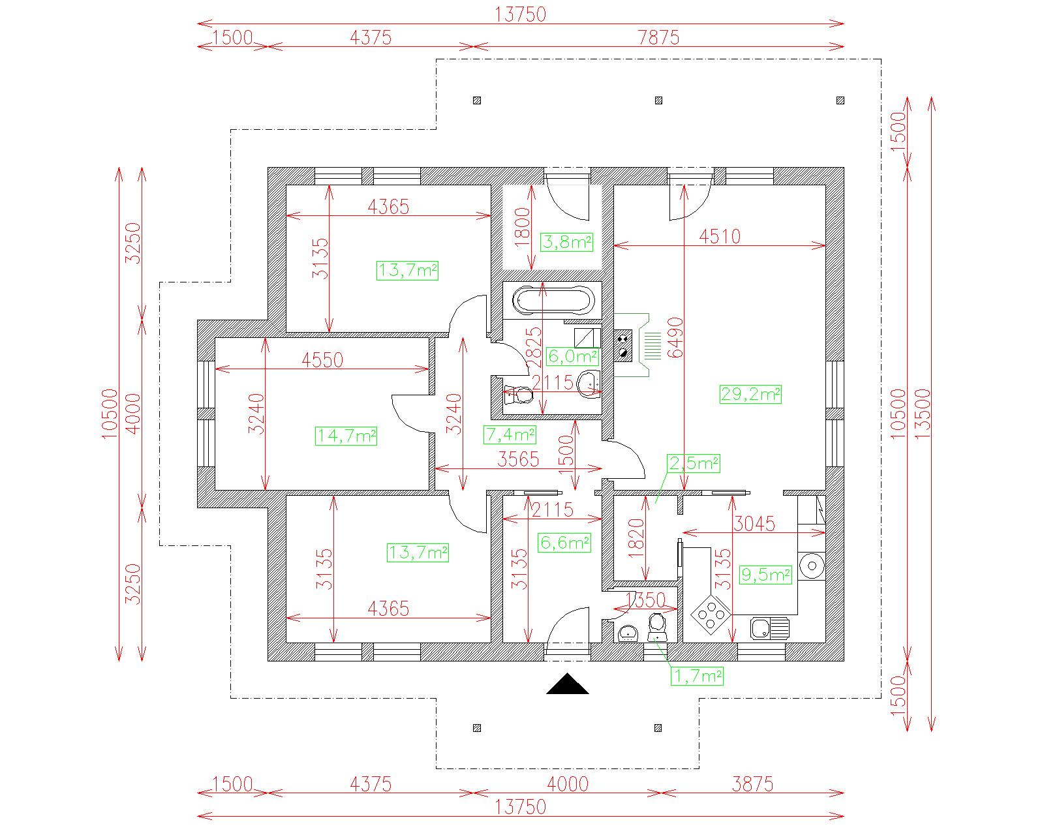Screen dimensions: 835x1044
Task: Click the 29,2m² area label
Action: (750, 394)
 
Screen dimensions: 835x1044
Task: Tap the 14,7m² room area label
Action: (346, 435)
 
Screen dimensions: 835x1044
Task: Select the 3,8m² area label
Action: (566, 243)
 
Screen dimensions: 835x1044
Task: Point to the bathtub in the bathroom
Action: (553, 301)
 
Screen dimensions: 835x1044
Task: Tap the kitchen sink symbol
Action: (769, 628)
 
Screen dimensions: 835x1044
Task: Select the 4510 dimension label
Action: (720, 236)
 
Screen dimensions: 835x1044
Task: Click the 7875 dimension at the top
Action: (658, 37)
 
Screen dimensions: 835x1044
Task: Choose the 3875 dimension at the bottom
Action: (752, 783)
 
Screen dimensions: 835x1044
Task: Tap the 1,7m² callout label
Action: (697, 676)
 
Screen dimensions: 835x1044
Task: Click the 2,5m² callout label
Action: (693, 463)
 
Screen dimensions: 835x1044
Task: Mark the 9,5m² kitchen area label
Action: (766, 575)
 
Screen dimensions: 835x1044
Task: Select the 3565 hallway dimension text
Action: (518, 460)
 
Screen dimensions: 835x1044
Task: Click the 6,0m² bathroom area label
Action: (572, 356)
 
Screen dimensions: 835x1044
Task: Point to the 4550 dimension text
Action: (322, 359)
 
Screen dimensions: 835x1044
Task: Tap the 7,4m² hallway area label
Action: (510, 434)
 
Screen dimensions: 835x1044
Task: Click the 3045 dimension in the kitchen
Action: (754, 523)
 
